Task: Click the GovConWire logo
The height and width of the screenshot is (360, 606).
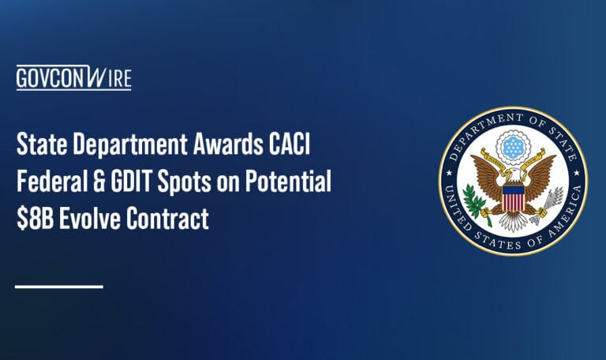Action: click(73, 78)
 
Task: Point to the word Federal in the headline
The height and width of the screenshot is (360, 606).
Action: click(51, 183)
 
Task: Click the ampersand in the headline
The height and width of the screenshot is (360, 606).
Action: click(102, 183)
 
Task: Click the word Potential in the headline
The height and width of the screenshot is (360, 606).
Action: click(290, 183)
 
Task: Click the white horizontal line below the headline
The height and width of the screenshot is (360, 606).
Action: click(59, 286)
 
